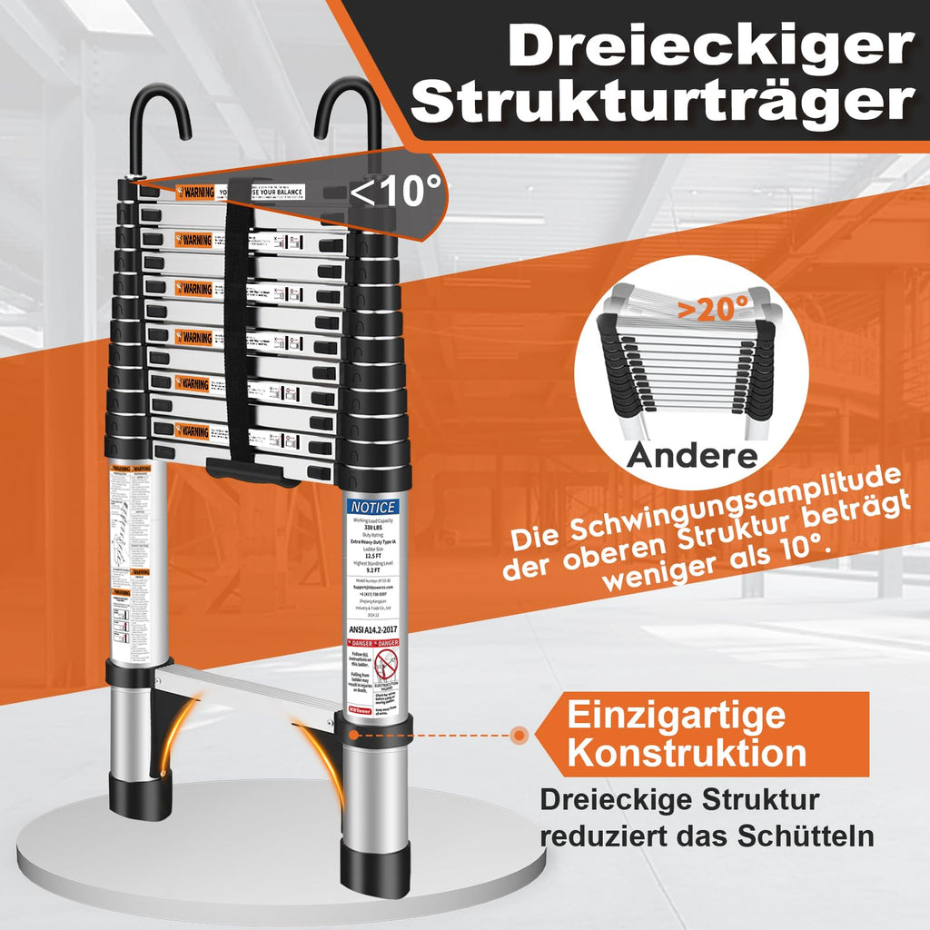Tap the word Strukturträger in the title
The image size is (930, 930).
(x=664, y=105)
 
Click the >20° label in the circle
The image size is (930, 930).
(x=714, y=309)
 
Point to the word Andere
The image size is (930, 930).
(x=692, y=453)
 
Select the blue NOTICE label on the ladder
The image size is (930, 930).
(x=371, y=507)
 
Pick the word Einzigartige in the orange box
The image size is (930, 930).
(x=677, y=715)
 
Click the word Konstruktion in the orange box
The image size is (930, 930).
(x=687, y=753)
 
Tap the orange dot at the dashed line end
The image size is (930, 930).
(x=519, y=735)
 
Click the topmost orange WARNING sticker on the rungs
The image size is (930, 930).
(x=195, y=193)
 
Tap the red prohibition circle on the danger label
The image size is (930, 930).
(x=387, y=668)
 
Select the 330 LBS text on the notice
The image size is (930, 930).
(x=372, y=528)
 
